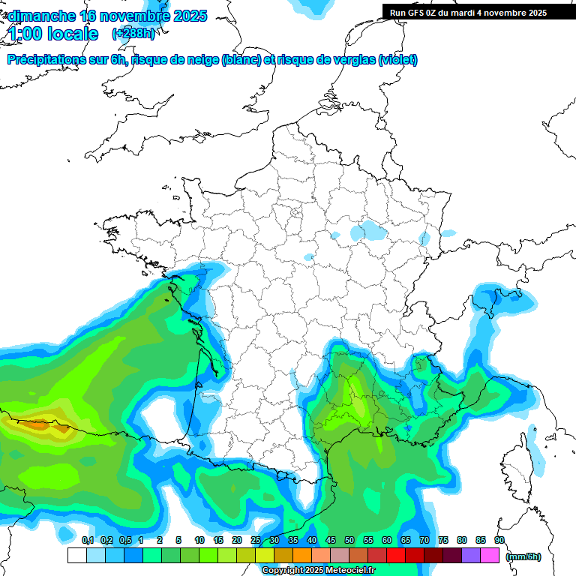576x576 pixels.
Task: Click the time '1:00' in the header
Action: coord(25,34)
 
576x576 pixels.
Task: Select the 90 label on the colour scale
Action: coord(499,540)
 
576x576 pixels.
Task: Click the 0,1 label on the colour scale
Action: coord(88,540)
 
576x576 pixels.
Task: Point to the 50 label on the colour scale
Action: coord(349,540)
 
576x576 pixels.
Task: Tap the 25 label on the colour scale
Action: coord(256,540)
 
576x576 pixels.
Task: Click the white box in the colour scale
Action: coord(76,555)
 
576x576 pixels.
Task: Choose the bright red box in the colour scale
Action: coord(396,555)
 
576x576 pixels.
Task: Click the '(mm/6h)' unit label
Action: coord(523,556)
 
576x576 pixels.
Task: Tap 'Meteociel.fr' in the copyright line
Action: coord(352,571)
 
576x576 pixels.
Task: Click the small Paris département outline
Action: coord(295,212)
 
